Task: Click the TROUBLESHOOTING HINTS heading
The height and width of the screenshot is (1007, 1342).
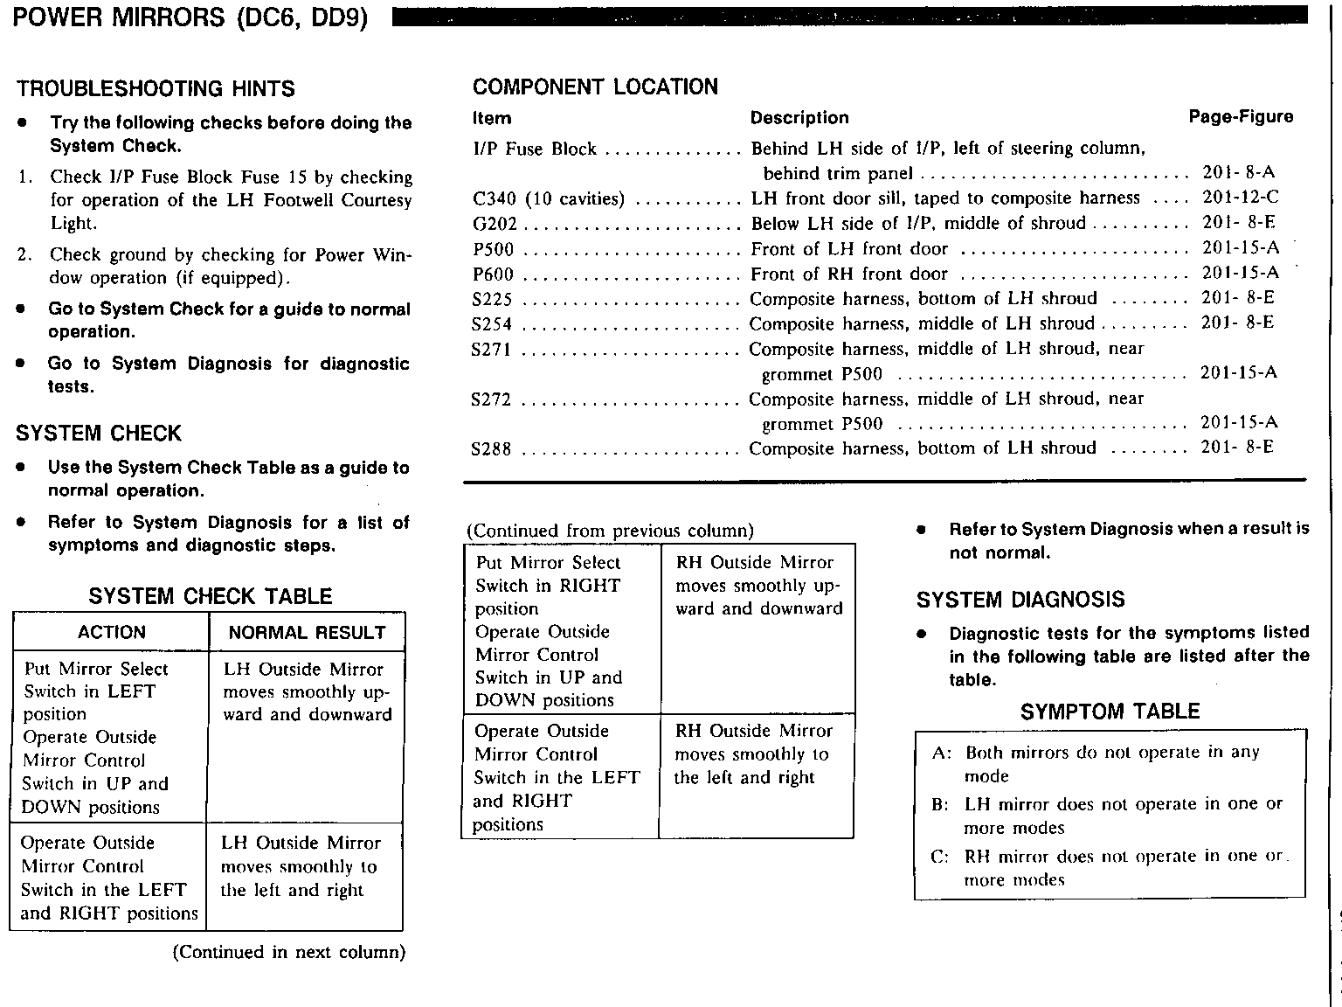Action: (x=156, y=88)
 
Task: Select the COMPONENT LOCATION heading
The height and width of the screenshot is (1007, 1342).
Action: (x=595, y=87)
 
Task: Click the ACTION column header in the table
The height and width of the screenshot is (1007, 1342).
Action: (x=111, y=632)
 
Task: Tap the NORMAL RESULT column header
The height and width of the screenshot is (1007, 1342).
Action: (x=307, y=632)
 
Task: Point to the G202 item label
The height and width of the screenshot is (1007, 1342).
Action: (x=492, y=224)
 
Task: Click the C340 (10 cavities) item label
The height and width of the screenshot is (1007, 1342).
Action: (x=548, y=198)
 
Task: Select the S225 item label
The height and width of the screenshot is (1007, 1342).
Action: (x=492, y=299)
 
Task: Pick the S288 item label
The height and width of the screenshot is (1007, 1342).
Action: (x=491, y=449)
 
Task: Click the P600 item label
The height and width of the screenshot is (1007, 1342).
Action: (x=493, y=274)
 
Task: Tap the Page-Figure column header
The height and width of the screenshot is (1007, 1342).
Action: (x=1241, y=117)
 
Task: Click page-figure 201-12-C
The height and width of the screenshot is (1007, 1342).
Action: (x=1240, y=198)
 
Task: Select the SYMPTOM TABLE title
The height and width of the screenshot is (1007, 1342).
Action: (x=1110, y=712)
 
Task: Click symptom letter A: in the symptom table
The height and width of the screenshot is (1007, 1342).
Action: (x=941, y=753)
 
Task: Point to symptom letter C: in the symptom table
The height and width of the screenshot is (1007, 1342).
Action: (x=940, y=857)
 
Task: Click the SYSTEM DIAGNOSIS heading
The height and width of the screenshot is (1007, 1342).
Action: (x=1020, y=600)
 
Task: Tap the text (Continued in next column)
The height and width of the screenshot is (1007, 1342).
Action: (x=289, y=952)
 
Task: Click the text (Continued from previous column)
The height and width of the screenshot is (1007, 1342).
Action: (x=610, y=531)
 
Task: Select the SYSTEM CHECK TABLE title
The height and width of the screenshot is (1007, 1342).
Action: (x=210, y=596)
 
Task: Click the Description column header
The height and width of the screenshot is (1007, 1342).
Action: (x=799, y=118)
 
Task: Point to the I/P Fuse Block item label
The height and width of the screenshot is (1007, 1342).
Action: (x=534, y=149)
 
